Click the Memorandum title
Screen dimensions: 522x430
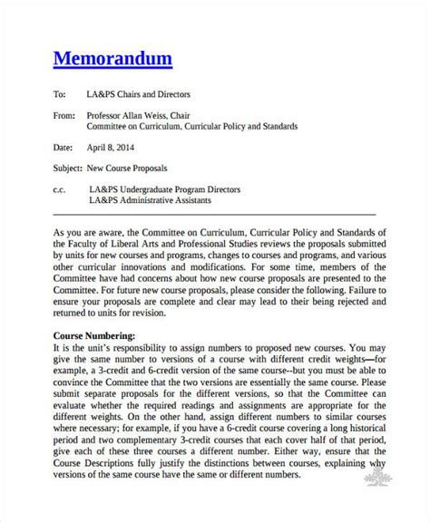pyautogui.click(x=112, y=60)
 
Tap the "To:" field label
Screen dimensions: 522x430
pyautogui.click(x=61, y=93)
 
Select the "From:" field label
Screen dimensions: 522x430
pyautogui.click(x=64, y=115)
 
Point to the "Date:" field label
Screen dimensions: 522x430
pyautogui.click(x=63, y=147)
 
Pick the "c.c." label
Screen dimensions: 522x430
pyautogui.click(x=61, y=189)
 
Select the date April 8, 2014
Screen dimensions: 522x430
pyautogui.click(x=110, y=147)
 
